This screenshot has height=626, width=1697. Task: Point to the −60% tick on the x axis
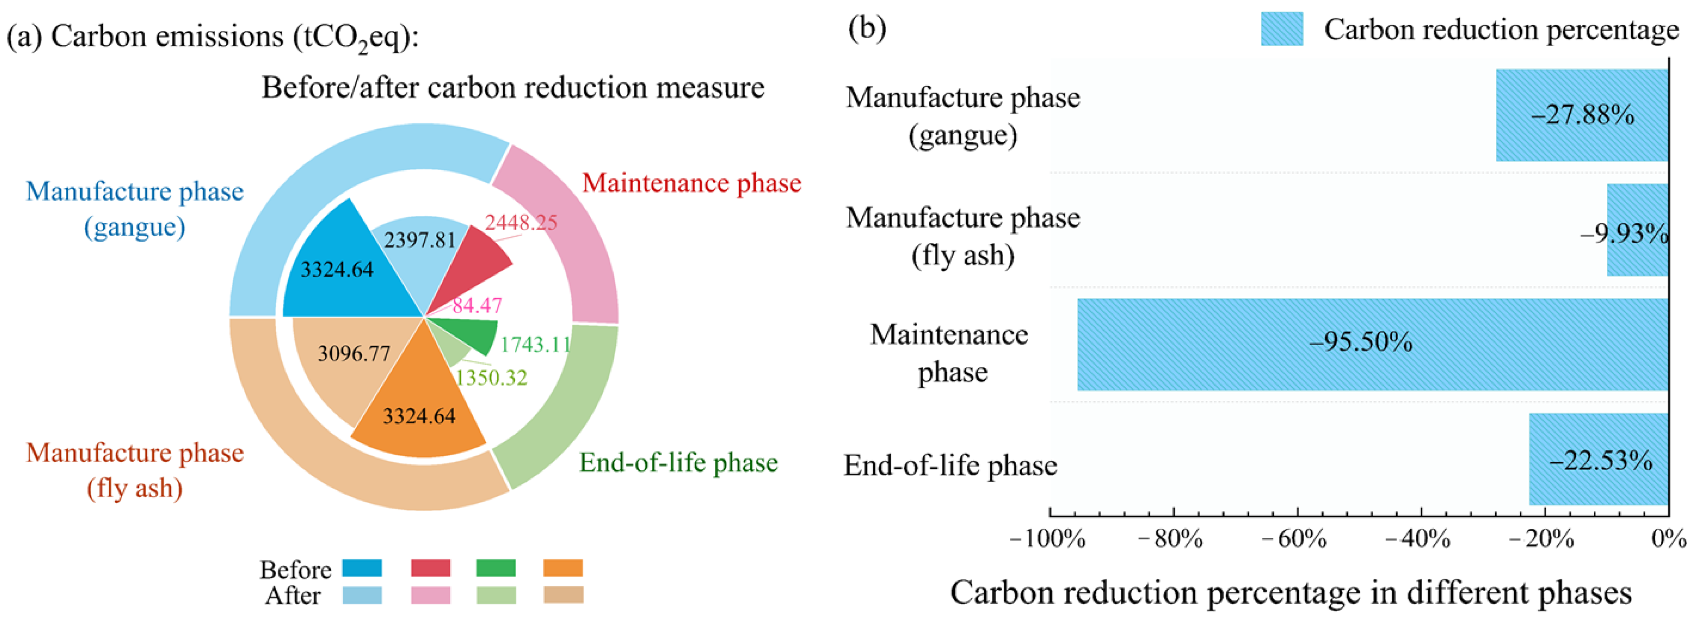[x=1297, y=539]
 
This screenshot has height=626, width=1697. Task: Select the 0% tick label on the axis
[x=1669, y=539]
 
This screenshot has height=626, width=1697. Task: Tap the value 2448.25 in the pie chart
[x=521, y=223]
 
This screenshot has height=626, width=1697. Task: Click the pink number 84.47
[x=477, y=305]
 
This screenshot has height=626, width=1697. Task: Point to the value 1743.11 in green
[x=535, y=345]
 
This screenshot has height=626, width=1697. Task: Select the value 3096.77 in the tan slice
[x=354, y=354]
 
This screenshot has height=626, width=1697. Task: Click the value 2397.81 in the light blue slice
[x=420, y=240]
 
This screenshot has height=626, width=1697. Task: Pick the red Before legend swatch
[x=430, y=568]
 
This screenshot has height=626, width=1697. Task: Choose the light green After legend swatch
[x=496, y=595]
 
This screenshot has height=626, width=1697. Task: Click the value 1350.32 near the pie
[x=491, y=378]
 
